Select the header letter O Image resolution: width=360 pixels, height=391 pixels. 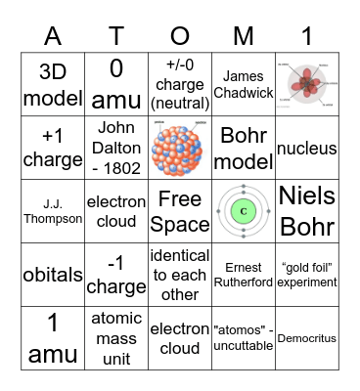(x=179, y=35)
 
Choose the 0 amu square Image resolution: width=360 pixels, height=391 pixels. (x=116, y=85)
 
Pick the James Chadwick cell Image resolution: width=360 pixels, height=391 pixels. (x=243, y=85)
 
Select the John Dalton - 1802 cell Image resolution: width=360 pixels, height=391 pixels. (x=116, y=149)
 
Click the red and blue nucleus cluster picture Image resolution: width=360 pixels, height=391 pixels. (x=180, y=149)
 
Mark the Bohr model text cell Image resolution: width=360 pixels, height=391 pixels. (x=243, y=149)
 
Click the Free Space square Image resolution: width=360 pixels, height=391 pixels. (x=180, y=212)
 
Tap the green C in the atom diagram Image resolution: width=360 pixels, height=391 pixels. (x=243, y=211)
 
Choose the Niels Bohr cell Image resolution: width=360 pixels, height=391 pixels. (x=307, y=212)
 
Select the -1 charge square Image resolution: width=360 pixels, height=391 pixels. (x=116, y=276)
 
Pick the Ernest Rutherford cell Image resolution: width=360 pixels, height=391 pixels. (x=243, y=276)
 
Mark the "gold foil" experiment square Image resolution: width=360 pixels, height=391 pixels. (x=307, y=276)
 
